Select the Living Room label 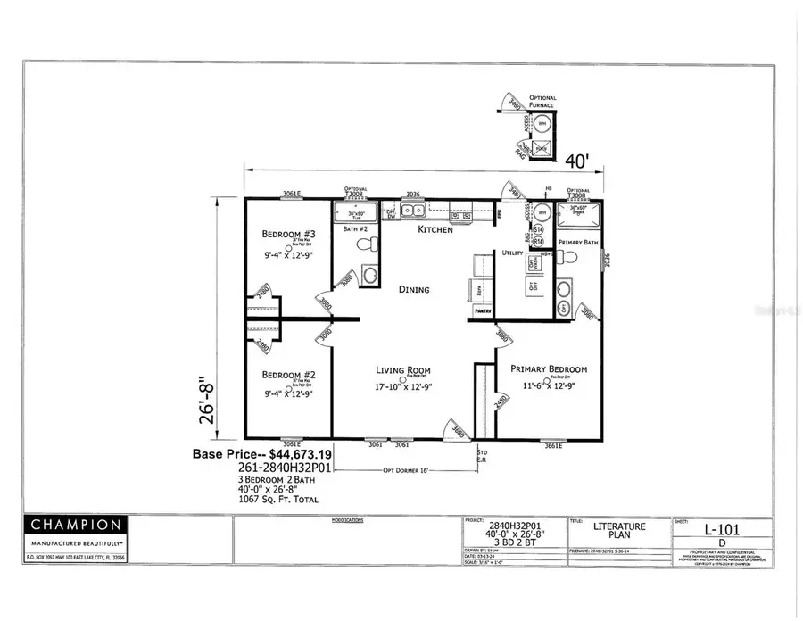(x=402, y=369)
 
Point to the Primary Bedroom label (x=548, y=368)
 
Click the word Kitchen (x=435, y=230)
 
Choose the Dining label (x=414, y=289)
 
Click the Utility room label (x=511, y=253)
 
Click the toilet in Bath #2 (x=363, y=245)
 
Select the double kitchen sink (x=413, y=211)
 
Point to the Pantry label (x=482, y=312)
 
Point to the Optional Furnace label (x=543, y=102)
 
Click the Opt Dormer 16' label (x=407, y=470)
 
